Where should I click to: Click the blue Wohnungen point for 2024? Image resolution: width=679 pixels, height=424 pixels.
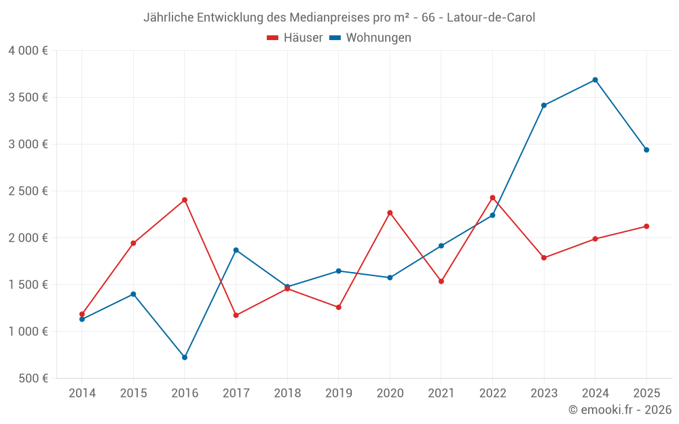click(595, 80)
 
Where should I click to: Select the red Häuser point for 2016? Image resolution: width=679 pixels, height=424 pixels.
click(185, 200)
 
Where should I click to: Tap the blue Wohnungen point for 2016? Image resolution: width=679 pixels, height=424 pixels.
click(185, 358)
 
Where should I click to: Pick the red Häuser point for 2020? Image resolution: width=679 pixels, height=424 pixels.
click(390, 213)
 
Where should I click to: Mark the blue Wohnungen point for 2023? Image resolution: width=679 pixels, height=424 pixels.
click(544, 105)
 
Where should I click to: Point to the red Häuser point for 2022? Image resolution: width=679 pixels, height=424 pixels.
click(492, 197)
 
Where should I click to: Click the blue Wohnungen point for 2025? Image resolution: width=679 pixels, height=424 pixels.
click(646, 150)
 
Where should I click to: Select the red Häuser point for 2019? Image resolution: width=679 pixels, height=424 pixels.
click(338, 307)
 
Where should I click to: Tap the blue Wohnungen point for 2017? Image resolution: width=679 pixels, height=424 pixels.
click(236, 250)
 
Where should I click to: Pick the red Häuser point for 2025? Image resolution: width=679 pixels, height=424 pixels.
click(646, 227)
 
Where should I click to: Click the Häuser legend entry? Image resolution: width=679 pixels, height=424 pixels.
click(295, 38)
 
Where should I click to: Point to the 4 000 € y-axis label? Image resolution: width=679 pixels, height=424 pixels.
click(28, 51)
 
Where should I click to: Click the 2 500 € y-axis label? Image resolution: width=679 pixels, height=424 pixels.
click(28, 191)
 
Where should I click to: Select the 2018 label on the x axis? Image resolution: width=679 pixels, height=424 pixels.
click(287, 393)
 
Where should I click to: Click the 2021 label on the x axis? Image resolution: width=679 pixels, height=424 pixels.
click(441, 393)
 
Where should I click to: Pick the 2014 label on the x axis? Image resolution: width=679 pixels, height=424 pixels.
click(82, 393)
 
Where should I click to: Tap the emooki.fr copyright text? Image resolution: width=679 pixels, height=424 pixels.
click(619, 410)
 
